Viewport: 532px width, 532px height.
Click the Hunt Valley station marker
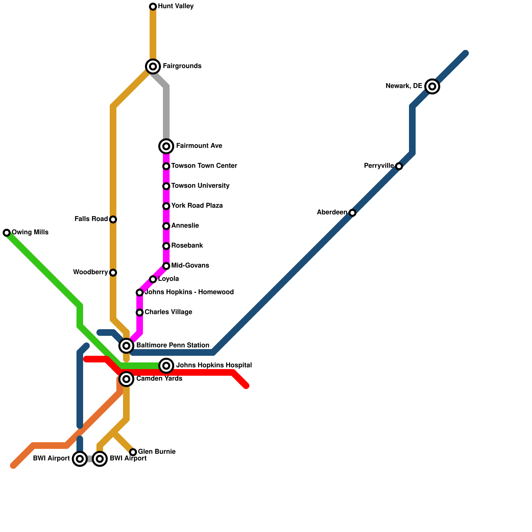pyautogui.click(x=153, y=7)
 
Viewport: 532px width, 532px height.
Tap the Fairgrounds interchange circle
pyautogui.click(x=153, y=66)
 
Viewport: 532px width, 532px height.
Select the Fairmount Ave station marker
pyautogui.click(x=166, y=146)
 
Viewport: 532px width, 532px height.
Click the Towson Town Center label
pyautogui.click(x=204, y=166)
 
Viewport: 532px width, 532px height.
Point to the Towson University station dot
pyautogui.click(x=166, y=186)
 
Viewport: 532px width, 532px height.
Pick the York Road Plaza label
pyautogui.click(x=197, y=205)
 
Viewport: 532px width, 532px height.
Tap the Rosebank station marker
pyautogui.click(x=166, y=246)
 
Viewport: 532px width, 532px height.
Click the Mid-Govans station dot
pyautogui.click(x=166, y=266)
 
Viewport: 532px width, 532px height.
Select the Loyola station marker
pyautogui.click(x=153, y=279)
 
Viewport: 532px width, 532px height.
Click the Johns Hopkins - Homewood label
pyautogui.click(x=189, y=292)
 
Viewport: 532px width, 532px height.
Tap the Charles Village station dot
pyautogui.click(x=140, y=313)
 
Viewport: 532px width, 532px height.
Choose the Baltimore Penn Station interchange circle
pyautogui.click(x=126, y=346)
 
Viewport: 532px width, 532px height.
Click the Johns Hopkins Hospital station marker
pyautogui.click(x=166, y=366)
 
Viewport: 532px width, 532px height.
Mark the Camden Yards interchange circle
pyautogui.click(x=126, y=379)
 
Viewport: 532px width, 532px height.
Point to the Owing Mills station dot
pyautogui.click(x=7, y=233)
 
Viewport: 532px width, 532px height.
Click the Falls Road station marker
pyautogui.click(x=113, y=219)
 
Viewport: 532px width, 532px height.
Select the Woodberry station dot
pyautogui.click(x=113, y=273)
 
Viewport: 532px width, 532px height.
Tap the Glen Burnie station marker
pyautogui.click(x=133, y=452)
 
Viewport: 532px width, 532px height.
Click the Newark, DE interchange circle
pyautogui.click(x=432, y=86)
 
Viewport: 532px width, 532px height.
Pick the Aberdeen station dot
pyautogui.click(x=352, y=213)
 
